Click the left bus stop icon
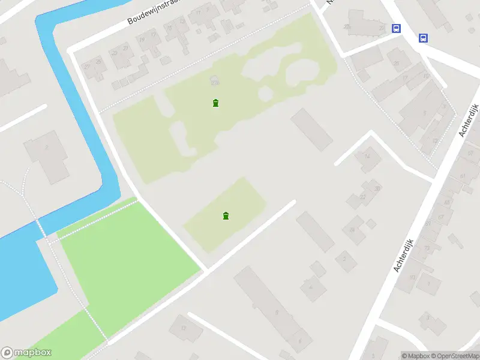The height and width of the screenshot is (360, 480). pos(396,28)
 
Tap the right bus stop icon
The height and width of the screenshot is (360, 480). pos(424,38)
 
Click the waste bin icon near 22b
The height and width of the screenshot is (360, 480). pos(215,103)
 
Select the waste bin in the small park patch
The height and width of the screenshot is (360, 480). pos(226,216)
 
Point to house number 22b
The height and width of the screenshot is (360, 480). pos(215,82)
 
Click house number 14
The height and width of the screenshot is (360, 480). pos(367,156)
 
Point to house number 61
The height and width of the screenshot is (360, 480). pos(463,176)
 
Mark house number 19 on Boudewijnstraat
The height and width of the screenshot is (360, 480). pos(142,40)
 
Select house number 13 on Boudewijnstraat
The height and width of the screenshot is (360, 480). pos(182,22)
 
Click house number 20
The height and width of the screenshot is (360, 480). pos(377,188)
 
